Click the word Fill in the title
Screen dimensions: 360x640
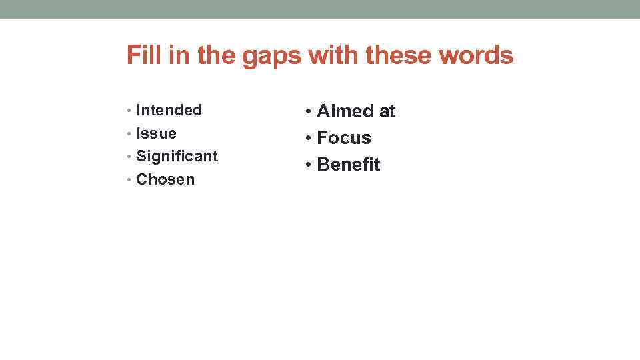[x=141, y=55]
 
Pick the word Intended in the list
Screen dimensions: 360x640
[x=169, y=110]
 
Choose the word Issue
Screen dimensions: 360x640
[x=156, y=133]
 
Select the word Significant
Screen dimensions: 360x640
[x=177, y=157]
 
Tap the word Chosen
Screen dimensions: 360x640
[x=165, y=179]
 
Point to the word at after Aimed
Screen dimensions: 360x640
[x=387, y=111]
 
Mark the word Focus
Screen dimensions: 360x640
[x=344, y=138]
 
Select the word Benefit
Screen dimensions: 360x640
[x=349, y=165]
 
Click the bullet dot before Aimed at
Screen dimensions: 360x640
[x=309, y=112]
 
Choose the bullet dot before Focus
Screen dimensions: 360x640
[x=309, y=139]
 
